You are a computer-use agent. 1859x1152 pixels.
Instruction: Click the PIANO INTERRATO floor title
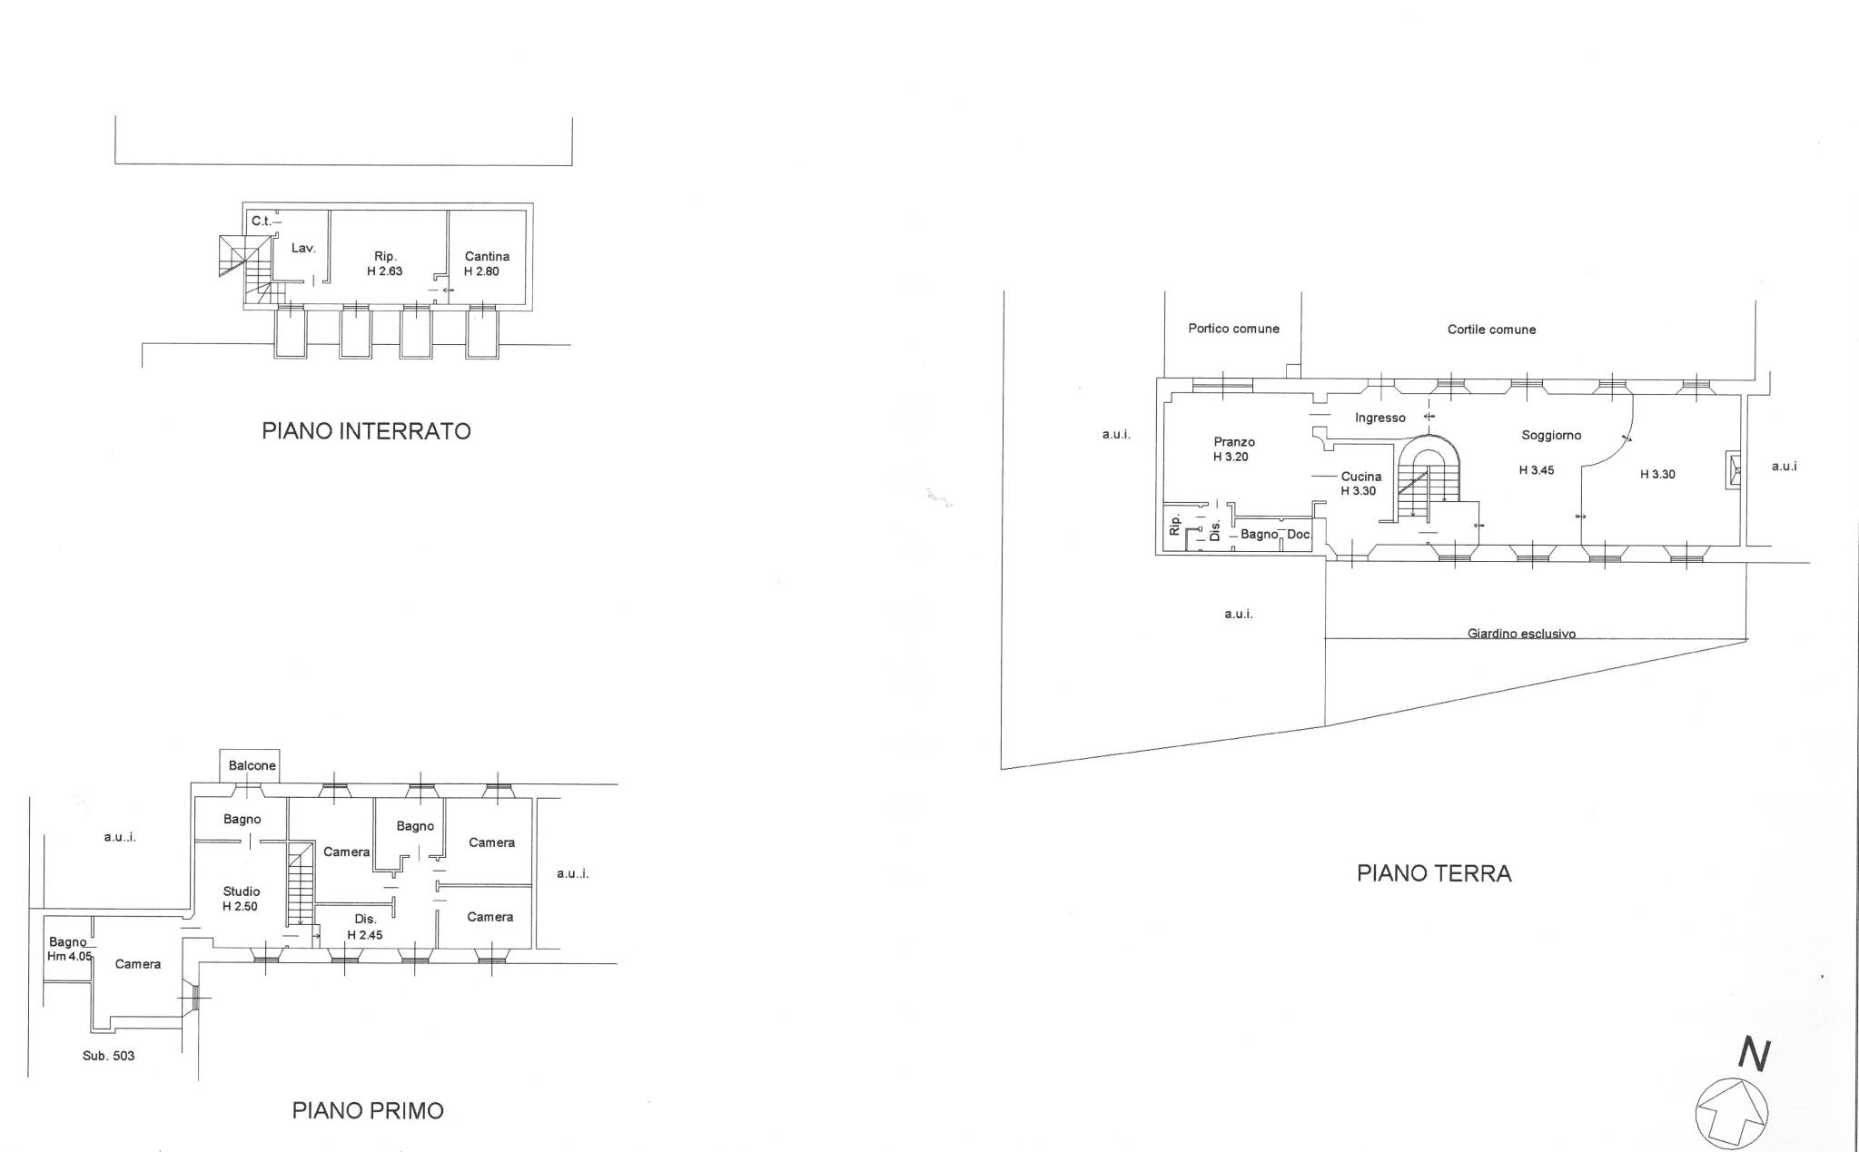click(367, 430)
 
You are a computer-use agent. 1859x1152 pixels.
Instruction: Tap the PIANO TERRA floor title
click(1434, 873)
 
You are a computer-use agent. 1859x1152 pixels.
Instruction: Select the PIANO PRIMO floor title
click(368, 1110)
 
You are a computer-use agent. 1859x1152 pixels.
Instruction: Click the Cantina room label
click(487, 257)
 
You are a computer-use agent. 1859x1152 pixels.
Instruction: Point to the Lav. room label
click(303, 248)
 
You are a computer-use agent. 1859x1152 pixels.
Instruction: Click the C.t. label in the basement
click(262, 221)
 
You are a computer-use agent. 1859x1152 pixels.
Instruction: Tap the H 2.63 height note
click(384, 271)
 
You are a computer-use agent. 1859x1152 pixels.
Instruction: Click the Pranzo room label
click(1234, 442)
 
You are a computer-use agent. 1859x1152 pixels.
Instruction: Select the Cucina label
click(1361, 477)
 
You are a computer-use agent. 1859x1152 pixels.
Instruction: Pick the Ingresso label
click(1380, 418)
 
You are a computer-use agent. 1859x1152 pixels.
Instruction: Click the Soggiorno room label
click(1551, 435)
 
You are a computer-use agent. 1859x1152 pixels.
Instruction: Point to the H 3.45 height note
click(1537, 470)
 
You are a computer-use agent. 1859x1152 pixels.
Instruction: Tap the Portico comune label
click(1233, 329)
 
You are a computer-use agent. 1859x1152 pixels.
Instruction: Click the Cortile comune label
click(1491, 330)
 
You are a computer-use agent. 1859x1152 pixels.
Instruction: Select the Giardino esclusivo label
click(1521, 634)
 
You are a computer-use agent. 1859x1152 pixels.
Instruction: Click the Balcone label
click(252, 765)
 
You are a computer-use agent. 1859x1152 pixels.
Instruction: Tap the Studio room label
click(242, 891)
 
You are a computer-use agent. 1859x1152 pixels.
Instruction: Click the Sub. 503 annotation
click(108, 1056)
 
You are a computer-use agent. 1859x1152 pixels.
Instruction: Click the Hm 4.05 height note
click(70, 956)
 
